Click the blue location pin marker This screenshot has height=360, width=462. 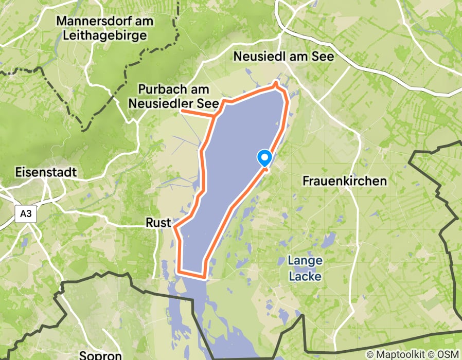click(265, 158)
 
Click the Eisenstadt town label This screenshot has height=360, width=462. click(46, 172)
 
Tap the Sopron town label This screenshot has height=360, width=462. click(100, 355)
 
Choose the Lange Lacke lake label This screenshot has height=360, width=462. click(305, 268)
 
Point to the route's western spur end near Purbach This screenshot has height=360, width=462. click(182, 111)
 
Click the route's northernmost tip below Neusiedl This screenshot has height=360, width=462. click(277, 83)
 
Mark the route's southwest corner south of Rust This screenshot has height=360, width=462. click(179, 271)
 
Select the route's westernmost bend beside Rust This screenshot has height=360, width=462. click(175, 226)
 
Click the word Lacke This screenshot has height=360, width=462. click(305, 277)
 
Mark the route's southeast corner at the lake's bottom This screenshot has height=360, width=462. click(206, 275)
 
